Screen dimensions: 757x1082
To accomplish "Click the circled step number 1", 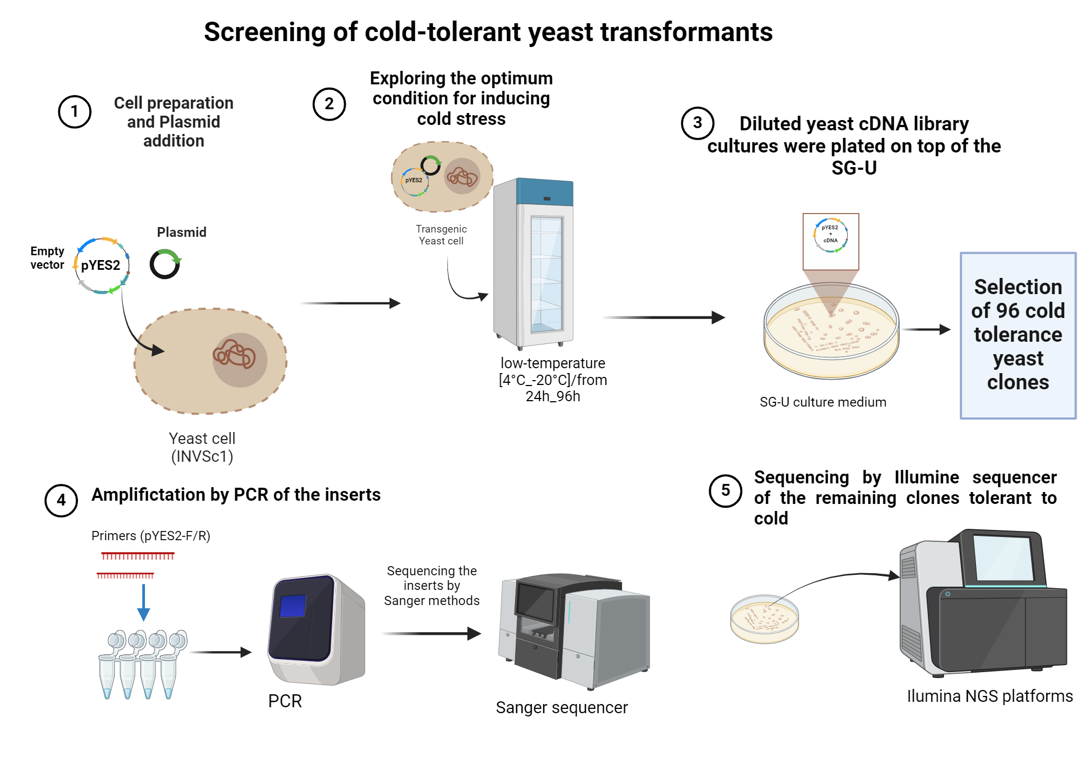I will (75, 112).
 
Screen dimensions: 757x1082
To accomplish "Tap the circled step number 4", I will (61, 500).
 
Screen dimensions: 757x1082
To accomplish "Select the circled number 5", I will (725, 490).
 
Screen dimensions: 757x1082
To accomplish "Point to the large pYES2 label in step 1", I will (101, 265).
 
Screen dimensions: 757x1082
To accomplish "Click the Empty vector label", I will (47, 258).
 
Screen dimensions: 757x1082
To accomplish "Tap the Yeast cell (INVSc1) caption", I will (202, 447).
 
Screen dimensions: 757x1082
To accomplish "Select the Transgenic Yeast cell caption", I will (441, 235).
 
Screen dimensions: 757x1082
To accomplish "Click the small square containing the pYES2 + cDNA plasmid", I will (830, 241).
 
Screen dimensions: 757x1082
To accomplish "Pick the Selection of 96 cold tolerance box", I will (1018, 335).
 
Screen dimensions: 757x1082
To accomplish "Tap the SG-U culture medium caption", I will (822, 402).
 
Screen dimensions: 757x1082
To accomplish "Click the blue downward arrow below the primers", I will (143, 602).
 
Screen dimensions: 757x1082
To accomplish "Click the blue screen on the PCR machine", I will (293, 606).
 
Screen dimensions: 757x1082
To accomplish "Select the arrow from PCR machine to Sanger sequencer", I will (430, 633).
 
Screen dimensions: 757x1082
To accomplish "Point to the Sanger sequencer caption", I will (562, 707).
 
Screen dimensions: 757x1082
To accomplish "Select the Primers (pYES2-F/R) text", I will (150, 536).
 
